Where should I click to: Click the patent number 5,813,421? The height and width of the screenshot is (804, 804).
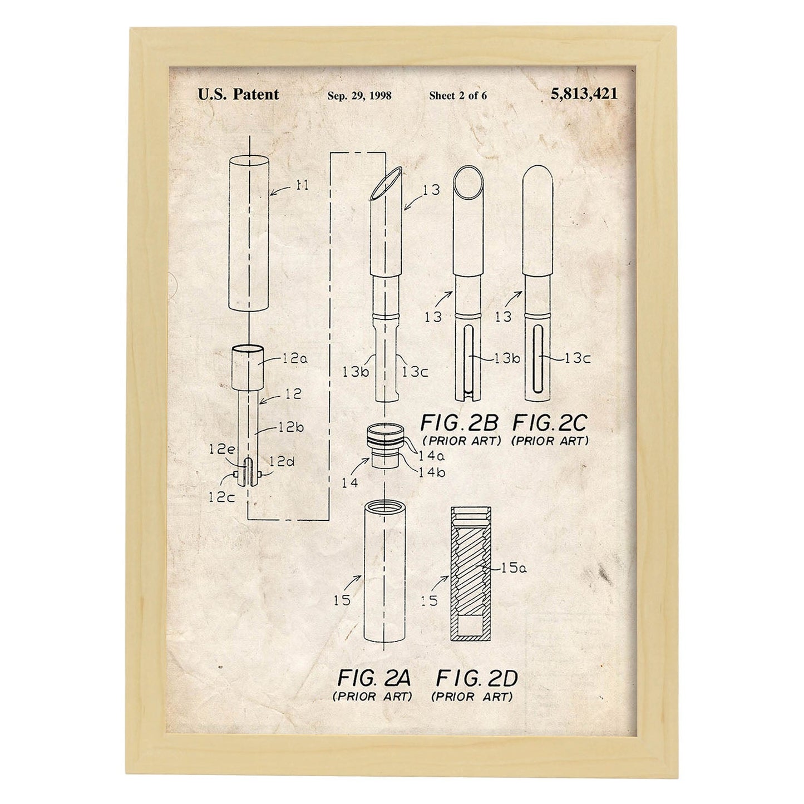[x=584, y=94]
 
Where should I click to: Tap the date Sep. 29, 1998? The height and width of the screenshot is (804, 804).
[x=359, y=96]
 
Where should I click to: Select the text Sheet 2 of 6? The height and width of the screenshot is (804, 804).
[x=458, y=96]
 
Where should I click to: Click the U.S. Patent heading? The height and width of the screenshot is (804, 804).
[x=238, y=94]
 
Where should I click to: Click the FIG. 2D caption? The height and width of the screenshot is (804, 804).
[x=476, y=678]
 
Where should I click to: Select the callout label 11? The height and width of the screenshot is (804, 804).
[x=302, y=185]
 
